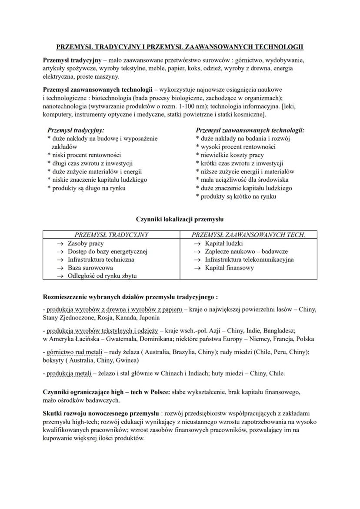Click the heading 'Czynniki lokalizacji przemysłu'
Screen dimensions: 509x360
[x=180, y=220]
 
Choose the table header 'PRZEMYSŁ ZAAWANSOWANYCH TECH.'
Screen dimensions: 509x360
[x=248, y=235]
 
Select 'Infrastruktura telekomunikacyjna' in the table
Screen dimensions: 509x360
[x=249, y=259]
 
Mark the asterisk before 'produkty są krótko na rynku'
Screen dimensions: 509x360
[x=197, y=196]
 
